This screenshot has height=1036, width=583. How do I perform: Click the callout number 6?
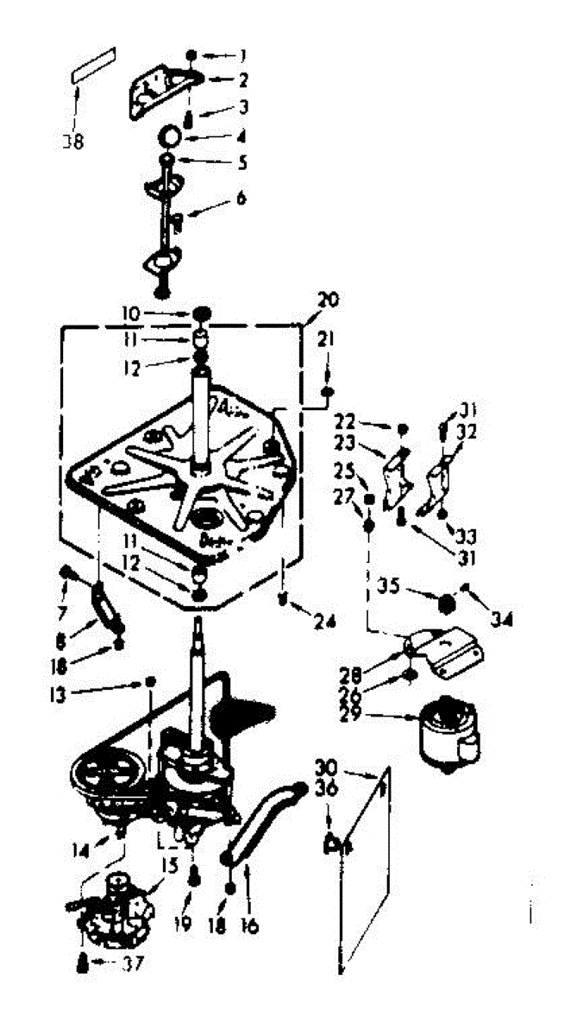click(x=241, y=198)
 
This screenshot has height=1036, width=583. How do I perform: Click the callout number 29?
click(x=380, y=715)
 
